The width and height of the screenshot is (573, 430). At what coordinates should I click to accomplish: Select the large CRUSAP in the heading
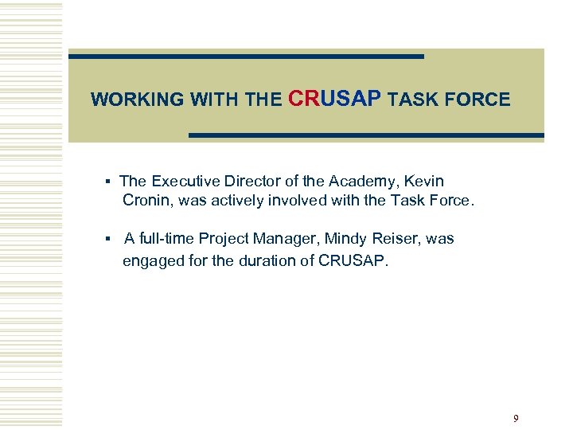pyautogui.click(x=336, y=98)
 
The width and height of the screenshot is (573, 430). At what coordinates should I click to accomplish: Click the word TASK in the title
pyautogui.click(x=414, y=100)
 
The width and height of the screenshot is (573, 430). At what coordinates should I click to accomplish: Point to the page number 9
pyautogui.click(x=516, y=418)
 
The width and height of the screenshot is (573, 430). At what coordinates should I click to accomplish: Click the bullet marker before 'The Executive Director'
pyautogui.click(x=107, y=182)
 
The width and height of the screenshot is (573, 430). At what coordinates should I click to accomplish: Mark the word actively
pyautogui.click(x=240, y=201)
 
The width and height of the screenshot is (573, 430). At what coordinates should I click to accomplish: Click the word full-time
pyautogui.click(x=166, y=239)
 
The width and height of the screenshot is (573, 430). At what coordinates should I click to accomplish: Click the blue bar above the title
pyautogui.click(x=246, y=57)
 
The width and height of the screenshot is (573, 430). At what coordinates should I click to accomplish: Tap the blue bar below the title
pyautogui.click(x=366, y=136)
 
